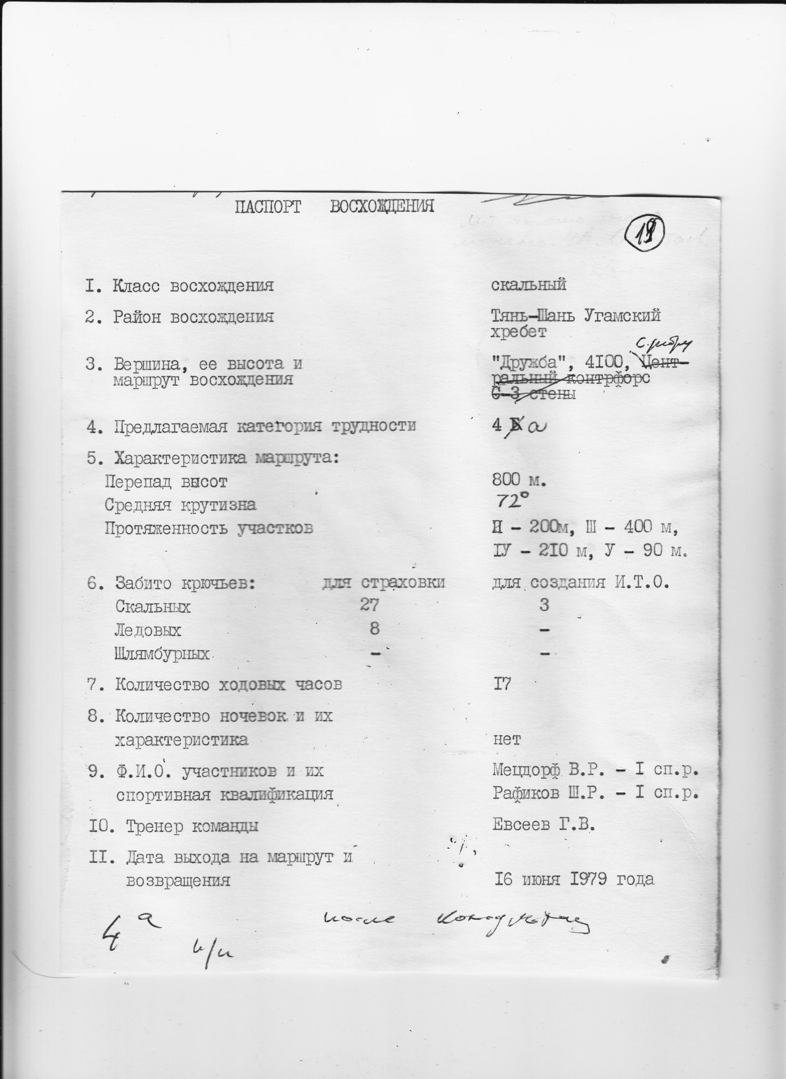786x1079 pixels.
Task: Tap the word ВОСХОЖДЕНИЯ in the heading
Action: (382, 207)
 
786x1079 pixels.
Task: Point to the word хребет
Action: (518, 333)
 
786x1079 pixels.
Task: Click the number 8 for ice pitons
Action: (374, 628)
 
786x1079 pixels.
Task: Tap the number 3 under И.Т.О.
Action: (543, 605)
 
